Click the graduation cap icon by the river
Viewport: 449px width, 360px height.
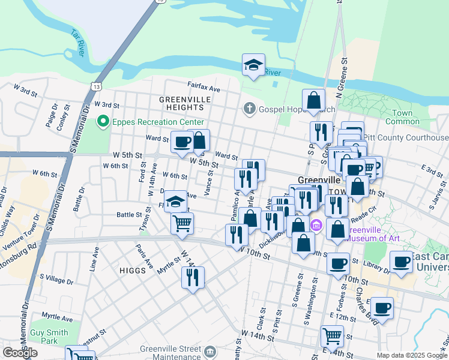point(253,65)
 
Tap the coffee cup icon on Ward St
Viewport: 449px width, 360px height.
point(182,142)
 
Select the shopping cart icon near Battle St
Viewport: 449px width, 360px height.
point(182,224)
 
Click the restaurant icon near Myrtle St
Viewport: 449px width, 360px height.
point(193,277)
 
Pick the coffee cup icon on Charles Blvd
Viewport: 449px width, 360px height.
point(382,308)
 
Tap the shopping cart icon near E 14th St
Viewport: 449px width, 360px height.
point(332,336)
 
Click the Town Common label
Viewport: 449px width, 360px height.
point(406,117)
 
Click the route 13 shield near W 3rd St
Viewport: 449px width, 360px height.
point(96,87)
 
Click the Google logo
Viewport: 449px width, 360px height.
point(20,353)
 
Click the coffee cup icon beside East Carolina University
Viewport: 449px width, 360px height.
point(400,262)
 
